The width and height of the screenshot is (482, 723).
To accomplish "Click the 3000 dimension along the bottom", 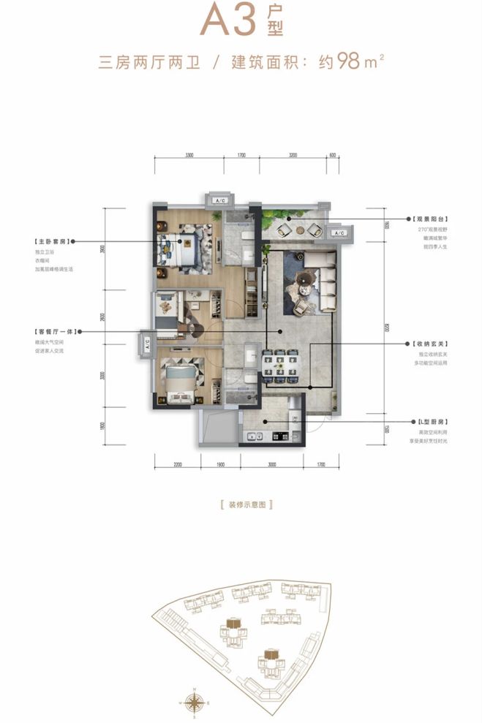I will pyautogui.click(x=272, y=463).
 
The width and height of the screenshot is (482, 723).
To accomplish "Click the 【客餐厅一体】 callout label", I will pyautogui.click(x=56, y=332).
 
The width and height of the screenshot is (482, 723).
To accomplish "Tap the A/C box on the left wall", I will pyautogui.click(x=145, y=341).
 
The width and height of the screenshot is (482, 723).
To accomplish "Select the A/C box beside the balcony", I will pyautogui.click(x=338, y=233).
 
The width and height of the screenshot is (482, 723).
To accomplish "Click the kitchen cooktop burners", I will pyautogui.click(x=280, y=436).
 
